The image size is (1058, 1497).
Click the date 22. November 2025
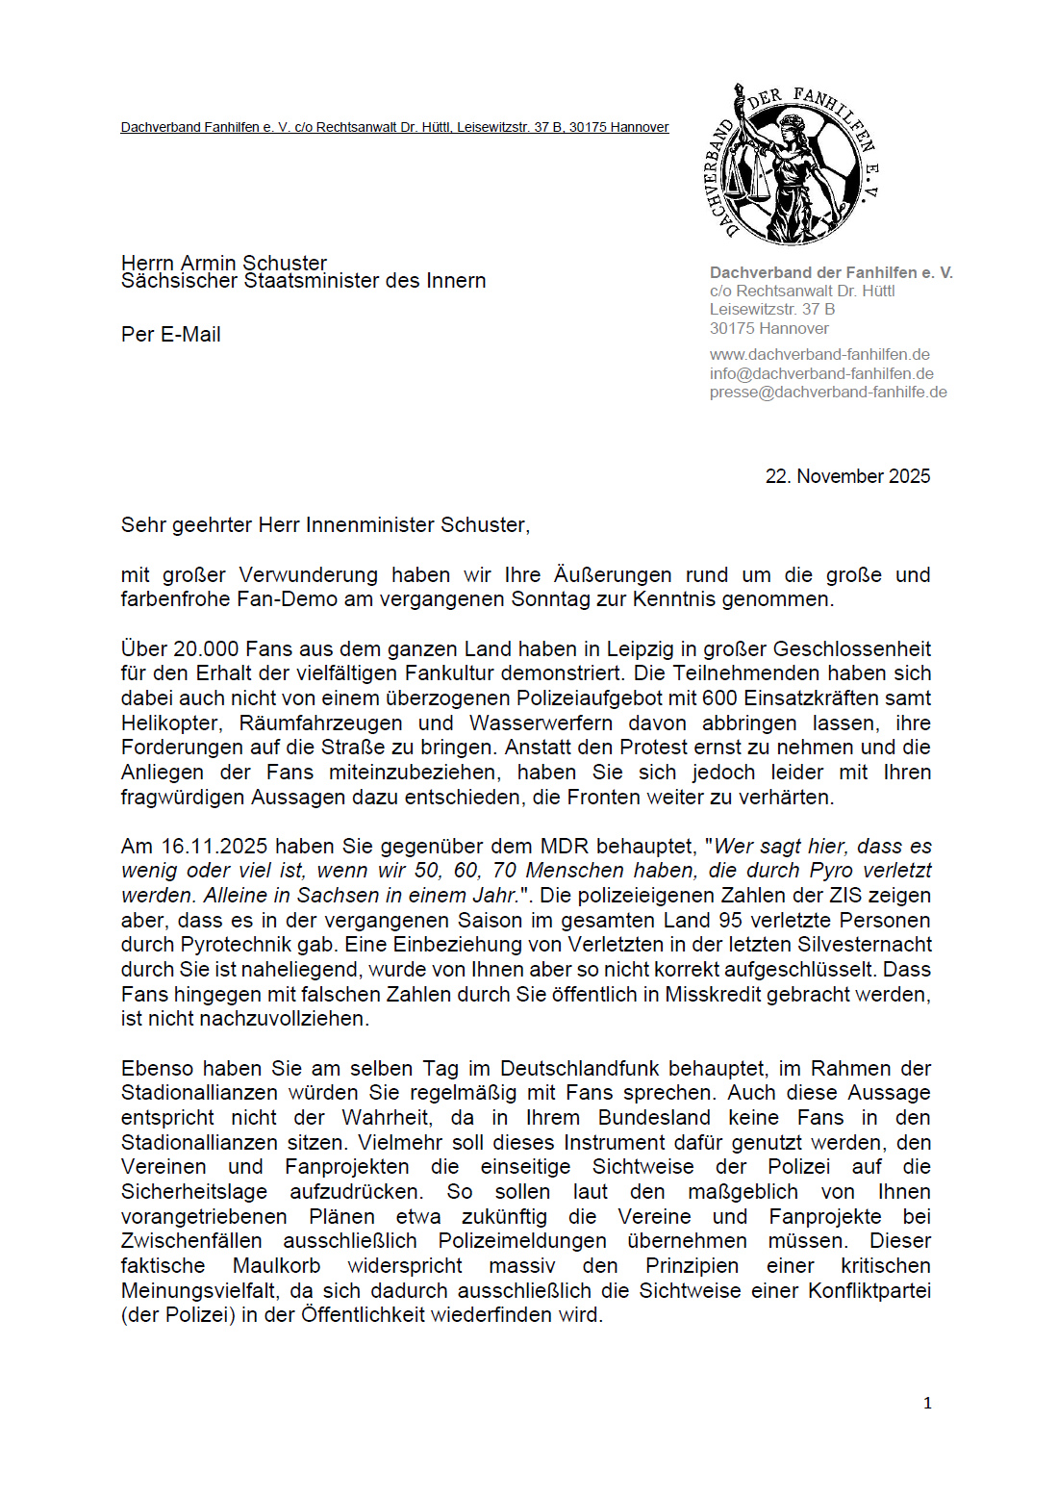(847, 476)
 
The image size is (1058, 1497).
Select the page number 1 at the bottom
(927, 1404)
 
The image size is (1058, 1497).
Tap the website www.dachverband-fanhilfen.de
(819, 355)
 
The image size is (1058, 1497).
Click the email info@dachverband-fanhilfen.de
(821, 373)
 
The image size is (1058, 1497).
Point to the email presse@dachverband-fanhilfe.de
(828, 392)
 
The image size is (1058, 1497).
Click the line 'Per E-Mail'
(171, 335)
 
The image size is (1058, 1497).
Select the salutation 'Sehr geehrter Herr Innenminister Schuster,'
(325, 525)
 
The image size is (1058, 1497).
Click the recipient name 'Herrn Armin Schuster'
(224, 263)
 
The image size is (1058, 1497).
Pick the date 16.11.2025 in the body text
(214, 847)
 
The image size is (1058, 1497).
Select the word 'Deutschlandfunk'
(579, 1069)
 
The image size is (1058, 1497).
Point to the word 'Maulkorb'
(276, 1266)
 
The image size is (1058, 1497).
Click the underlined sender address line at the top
(394, 127)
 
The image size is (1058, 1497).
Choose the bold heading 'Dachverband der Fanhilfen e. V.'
(831, 273)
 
